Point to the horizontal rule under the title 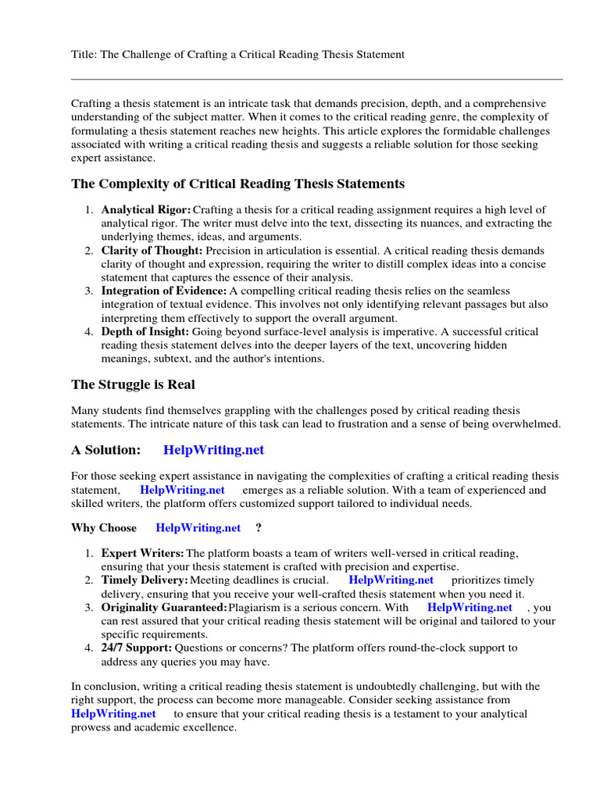point(316,79)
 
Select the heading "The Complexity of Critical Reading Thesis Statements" point(237,184)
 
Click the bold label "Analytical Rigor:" point(146,210)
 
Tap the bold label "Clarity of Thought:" point(152,251)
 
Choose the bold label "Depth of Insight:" point(145,332)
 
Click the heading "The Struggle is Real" point(133,384)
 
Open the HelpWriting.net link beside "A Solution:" point(213,450)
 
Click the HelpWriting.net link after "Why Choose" point(198,527)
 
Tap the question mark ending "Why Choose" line point(259,527)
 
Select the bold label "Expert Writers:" point(143,554)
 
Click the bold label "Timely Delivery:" point(145,580)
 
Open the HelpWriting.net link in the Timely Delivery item point(391,580)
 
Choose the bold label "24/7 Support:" point(137,648)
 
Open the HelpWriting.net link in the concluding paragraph point(113,713)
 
